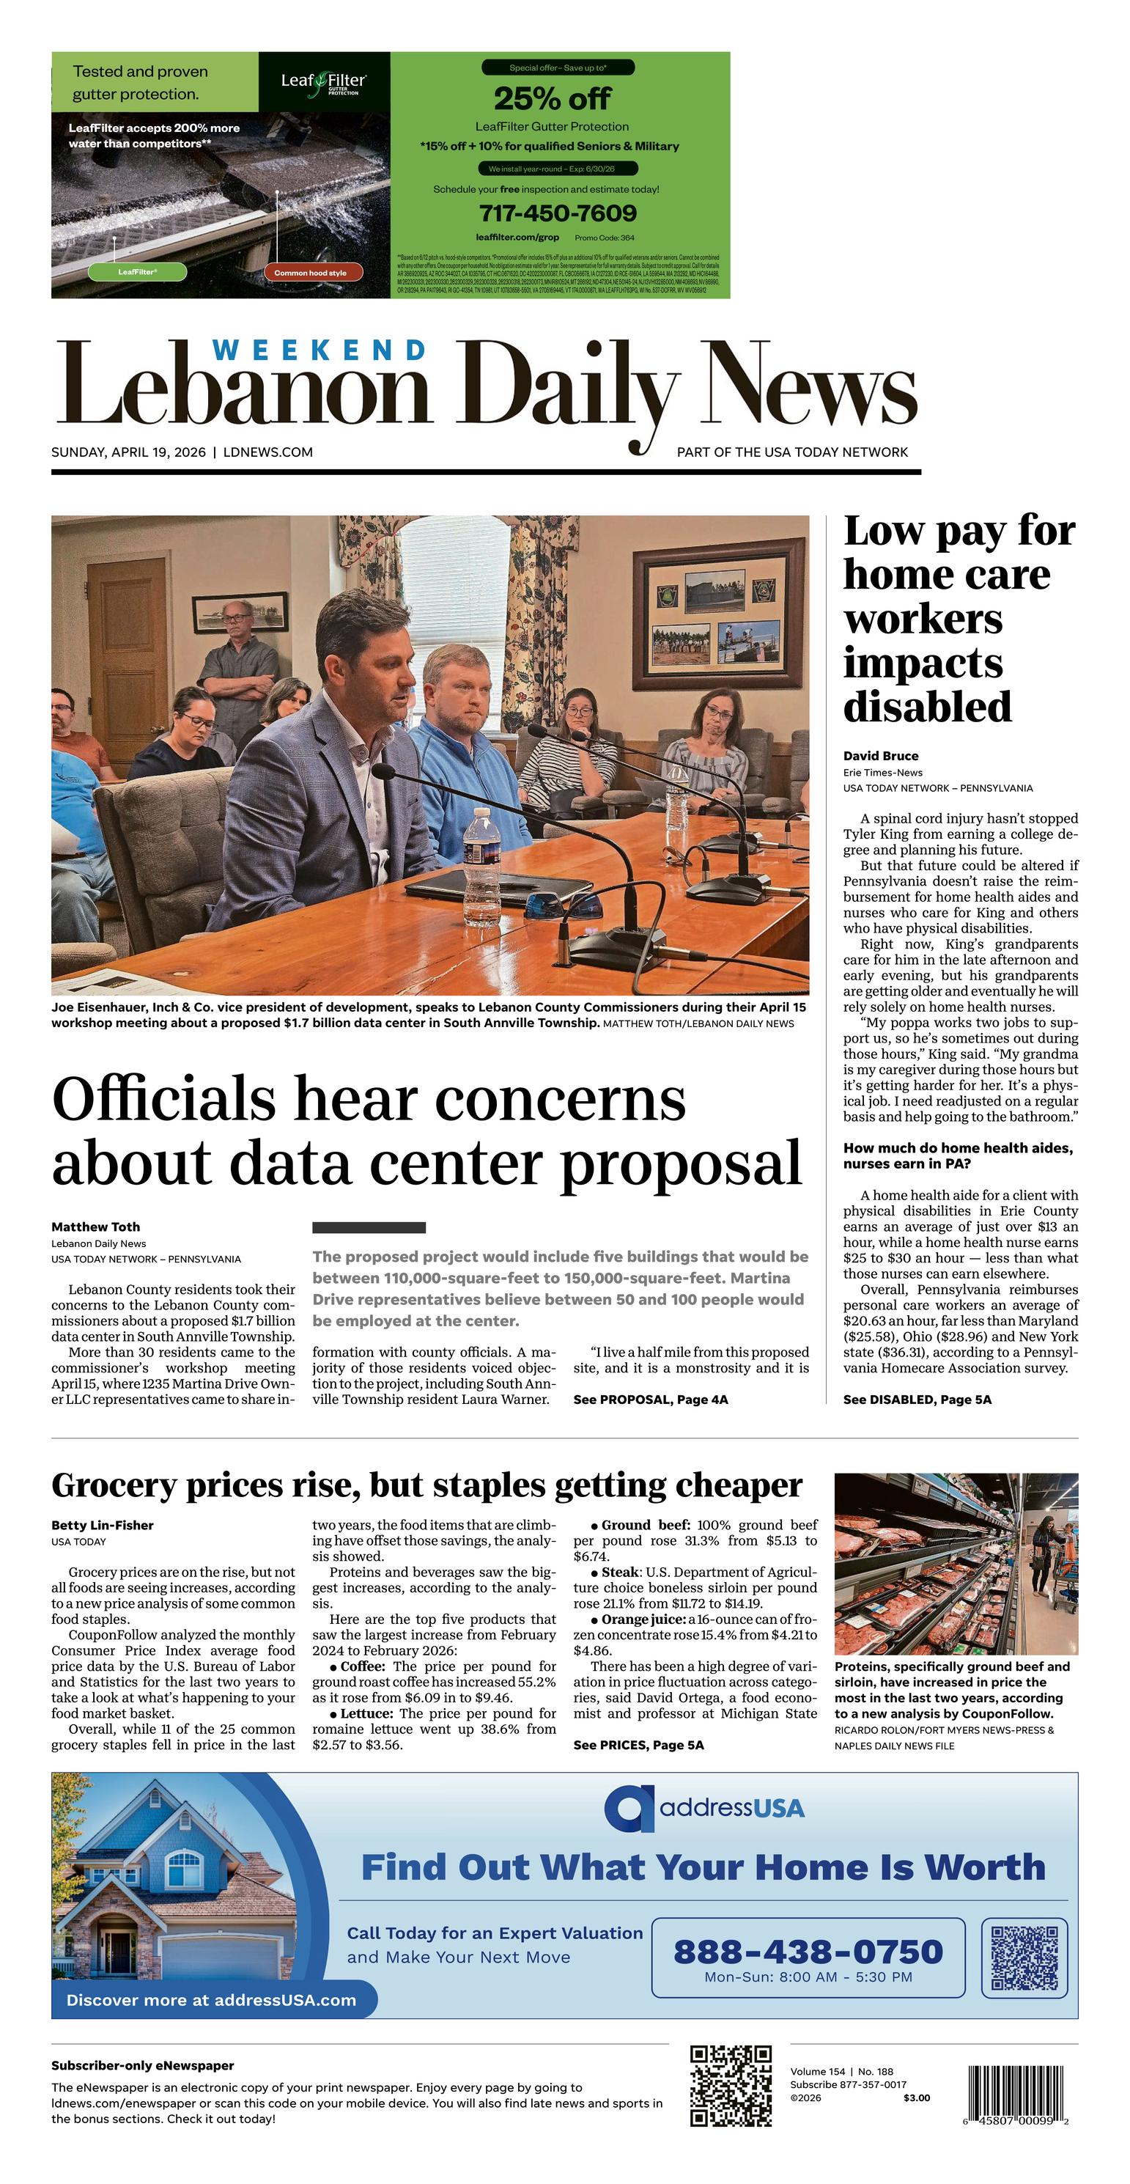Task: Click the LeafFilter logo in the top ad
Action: coord(323,82)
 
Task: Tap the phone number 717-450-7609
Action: coord(557,213)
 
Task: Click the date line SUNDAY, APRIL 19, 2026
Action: coord(128,452)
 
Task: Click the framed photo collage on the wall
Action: coord(719,614)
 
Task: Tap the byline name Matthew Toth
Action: coord(96,1227)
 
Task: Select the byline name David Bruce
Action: coord(880,755)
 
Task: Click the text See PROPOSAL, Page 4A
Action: coord(650,1400)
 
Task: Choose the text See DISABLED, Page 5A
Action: coord(916,1400)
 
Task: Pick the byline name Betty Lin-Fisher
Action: coord(103,1525)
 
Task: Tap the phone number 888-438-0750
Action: coord(807,1951)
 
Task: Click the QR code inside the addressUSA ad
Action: coord(1024,1957)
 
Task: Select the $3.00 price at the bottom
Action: coord(916,2097)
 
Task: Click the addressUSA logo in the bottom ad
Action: coord(704,1809)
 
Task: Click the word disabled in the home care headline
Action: coord(928,707)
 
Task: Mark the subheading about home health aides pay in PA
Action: coord(958,1155)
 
